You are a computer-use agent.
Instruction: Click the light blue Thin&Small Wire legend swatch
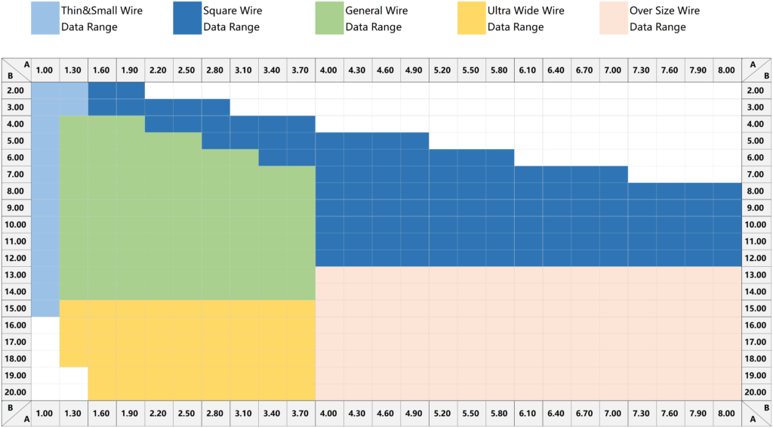[49, 18]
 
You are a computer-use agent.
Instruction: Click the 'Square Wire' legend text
[233, 11]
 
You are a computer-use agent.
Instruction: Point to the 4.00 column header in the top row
[329, 70]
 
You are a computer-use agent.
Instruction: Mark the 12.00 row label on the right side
[756, 259]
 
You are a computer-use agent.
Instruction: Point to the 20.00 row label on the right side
[756, 392]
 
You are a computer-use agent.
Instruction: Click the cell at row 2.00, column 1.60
[102, 91]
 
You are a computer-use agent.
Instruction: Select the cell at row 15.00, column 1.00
[45, 309]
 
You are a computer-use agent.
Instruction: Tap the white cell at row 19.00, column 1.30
[73, 376]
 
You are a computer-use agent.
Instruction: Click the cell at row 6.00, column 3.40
[273, 158]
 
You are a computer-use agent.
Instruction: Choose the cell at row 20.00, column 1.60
[102, 392]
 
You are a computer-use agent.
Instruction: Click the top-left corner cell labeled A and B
[17, 70]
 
